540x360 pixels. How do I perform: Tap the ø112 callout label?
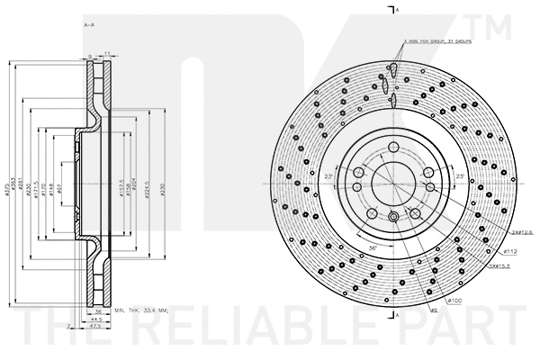[x=490, y=251]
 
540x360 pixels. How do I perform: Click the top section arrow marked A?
[x=395, y=9]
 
